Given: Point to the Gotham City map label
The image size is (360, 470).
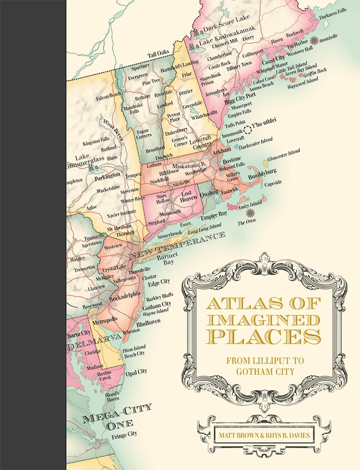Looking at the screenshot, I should coord(157,304).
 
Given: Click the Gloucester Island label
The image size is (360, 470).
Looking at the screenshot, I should coord(282,153).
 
